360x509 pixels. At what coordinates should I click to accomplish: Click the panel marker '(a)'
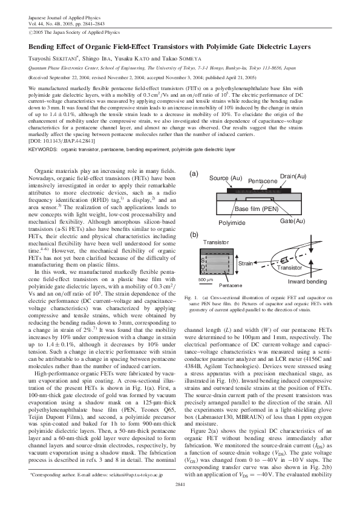[x=194, y=173]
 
